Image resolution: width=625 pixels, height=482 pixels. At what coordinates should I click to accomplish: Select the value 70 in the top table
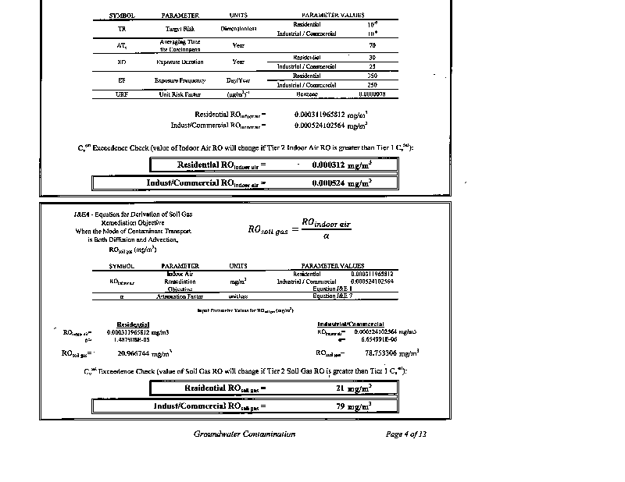click(x=372, y=45)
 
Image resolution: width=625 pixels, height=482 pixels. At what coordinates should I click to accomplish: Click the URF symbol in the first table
click(x=122, y=94)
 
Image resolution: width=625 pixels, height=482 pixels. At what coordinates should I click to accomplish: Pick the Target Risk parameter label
click(x=180, y=29)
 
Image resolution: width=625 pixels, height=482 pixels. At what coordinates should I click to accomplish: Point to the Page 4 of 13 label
click(x=406, y=434)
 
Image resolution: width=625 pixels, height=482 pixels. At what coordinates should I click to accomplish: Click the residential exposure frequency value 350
click(x=372, y=76)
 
